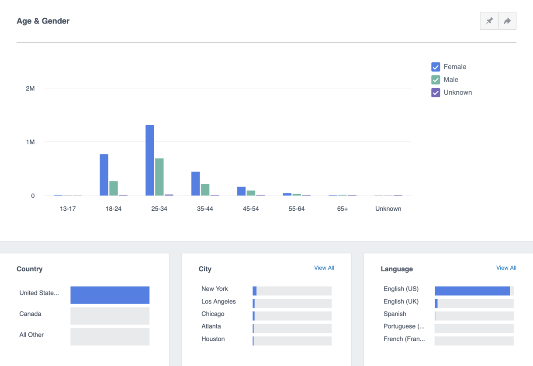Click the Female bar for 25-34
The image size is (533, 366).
click(x=150, y=160)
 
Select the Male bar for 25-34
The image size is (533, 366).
click(x=159, y=177)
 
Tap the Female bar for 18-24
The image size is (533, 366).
click(x=104, y=174)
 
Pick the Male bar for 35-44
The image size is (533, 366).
click(x=205, y=190)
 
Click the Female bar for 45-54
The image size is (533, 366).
click(x=241, y=191)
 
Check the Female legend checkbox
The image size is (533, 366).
click(x=436, y=67)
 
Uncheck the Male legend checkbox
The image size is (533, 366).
click(x=436, y=80)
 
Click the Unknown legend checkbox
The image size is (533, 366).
click(x=436, y=92)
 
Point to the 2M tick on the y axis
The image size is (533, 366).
click(x=30, y=89)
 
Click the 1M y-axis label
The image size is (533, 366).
click(x=30, y=142)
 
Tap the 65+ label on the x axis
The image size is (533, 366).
click(x=343, y=209)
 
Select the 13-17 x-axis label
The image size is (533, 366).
click(x=68, y=209)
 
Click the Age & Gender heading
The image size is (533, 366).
click(x=43, y=21)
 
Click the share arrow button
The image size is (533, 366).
click(x=507, y=21)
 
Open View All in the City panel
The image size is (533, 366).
click(x=324, y=268)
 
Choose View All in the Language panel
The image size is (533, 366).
click(x=506, y=268)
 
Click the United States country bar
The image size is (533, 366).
click(x=110, y=295)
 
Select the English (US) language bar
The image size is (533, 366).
click(x=472, y=291)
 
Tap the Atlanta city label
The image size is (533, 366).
click(x=211, y=326)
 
